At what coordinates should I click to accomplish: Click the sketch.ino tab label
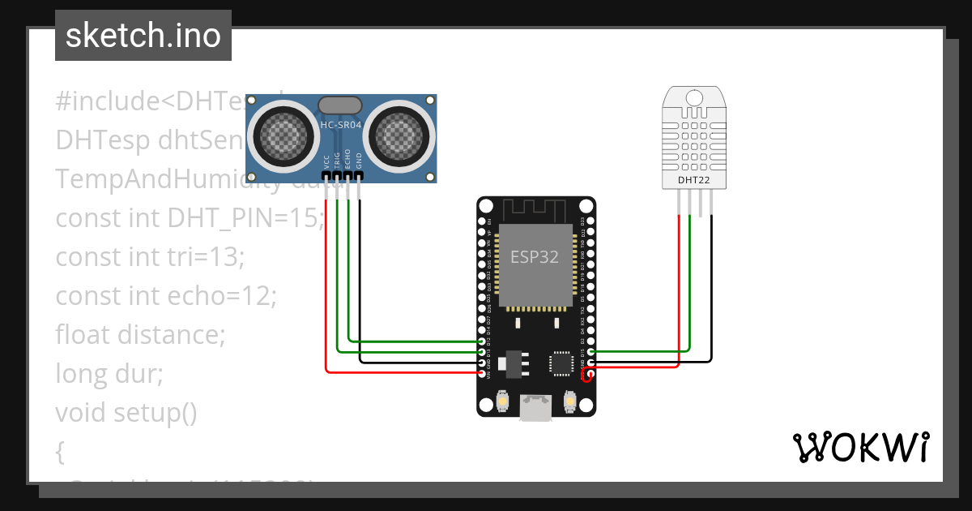(x=143, y=36)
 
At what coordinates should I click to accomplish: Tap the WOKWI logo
(x=860, y=447)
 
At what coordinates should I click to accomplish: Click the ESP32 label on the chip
(x=534, y=258)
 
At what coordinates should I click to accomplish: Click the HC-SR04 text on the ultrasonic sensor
(x=340, y=125)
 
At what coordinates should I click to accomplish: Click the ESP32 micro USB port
(x=535, y=408)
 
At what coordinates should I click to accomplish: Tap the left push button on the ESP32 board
(x=504, y=401)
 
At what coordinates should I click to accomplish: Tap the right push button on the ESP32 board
(x=569, y=401)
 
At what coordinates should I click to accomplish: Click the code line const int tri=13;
(x=150, y=257)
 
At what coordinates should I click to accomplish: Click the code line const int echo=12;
(x=166, y=296)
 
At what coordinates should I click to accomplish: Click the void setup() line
(x=126, y=413)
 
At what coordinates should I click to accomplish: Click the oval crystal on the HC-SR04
(x=340, y=105)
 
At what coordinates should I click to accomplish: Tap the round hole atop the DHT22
(x=693, y=98)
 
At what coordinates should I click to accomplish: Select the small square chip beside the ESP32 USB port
(x=561, y=363)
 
